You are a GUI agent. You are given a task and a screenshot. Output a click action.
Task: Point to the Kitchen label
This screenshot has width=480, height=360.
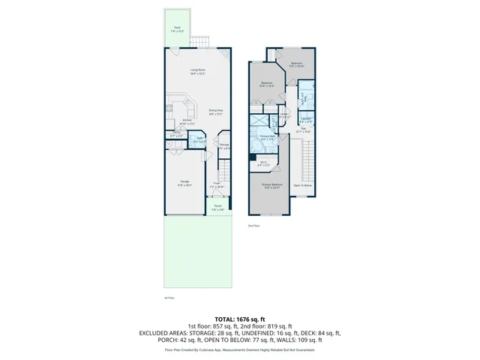click(x=188, y=121)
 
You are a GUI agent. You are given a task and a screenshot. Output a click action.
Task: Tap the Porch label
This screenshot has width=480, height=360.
click(x=217, y=208)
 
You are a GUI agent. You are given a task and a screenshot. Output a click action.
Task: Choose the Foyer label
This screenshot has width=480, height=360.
click(x=216, y=184)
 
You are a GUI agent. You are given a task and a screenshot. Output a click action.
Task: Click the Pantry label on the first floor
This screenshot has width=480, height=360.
click(x=177, y=134)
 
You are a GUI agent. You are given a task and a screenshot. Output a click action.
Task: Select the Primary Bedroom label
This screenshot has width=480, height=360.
click(x=271, y=185)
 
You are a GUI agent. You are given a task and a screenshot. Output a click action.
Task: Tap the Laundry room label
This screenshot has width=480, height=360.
click(x=305, y=120)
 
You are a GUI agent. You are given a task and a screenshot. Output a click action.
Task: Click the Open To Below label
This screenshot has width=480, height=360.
click(x=303, y=184)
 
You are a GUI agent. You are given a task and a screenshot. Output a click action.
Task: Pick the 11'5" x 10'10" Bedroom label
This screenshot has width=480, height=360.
click(x=295, y=64)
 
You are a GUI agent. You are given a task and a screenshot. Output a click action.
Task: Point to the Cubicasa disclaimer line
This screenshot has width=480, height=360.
click(x=240, y=349)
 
